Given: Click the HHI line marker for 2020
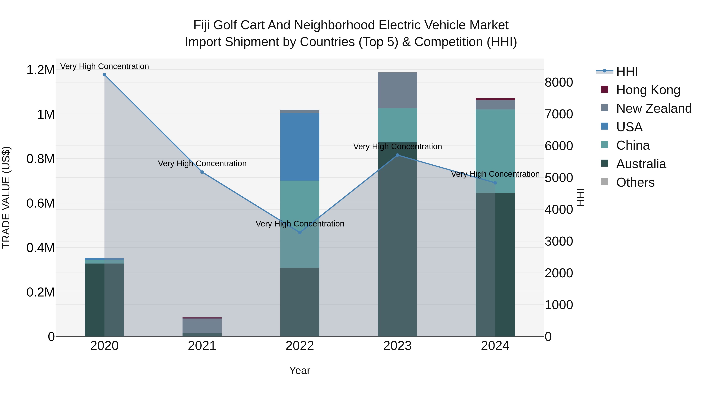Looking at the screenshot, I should pos(104,75).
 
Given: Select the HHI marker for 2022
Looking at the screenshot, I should pos(300,233).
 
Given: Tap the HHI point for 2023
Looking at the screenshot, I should pos(397,155).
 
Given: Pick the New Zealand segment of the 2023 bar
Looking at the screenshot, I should pos(397,90).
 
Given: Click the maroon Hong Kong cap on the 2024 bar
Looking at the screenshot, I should pos(495,99).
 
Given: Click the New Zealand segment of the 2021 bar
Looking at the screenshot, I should pos(202,326).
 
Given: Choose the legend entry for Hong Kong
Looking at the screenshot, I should pos(648,90).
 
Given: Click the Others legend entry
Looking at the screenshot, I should pos(635,182).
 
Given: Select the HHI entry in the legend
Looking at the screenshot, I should pos(627,71).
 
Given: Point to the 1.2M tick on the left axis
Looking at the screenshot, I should pos(40,70).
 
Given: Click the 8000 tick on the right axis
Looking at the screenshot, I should pos(559,82).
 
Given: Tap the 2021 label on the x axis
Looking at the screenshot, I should pos(202,346).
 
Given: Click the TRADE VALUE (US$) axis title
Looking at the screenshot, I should pos(6,197).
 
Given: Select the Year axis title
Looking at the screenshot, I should pos(300,370).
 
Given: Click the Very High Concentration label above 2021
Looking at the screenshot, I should pos(202,164).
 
